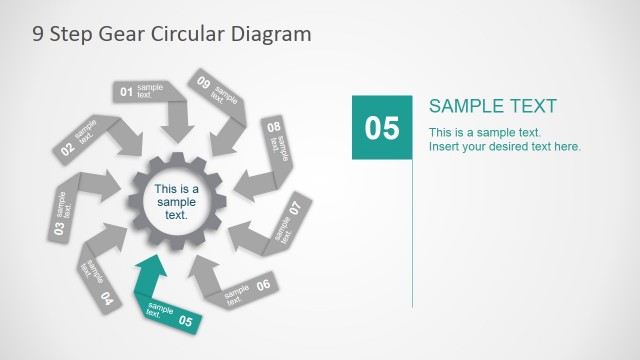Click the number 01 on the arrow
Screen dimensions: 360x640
[127, 93]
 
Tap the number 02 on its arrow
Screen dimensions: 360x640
[67, 150]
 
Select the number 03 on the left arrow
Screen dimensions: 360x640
[59, 228]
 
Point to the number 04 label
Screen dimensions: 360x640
[106, 298]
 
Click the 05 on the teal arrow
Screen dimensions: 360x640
[184, 321]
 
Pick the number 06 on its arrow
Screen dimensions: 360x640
[263, 285]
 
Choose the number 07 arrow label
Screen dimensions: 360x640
[295, 209]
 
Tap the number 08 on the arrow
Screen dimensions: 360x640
[273, 128]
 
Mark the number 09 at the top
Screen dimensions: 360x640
[204, 83]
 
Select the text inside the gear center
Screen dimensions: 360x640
[176, 201]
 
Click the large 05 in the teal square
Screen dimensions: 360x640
[381, 128]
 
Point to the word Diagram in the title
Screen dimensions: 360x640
[271, 33]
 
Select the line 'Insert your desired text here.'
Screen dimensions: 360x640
[504, 147]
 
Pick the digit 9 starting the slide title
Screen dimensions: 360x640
[38, 33]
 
